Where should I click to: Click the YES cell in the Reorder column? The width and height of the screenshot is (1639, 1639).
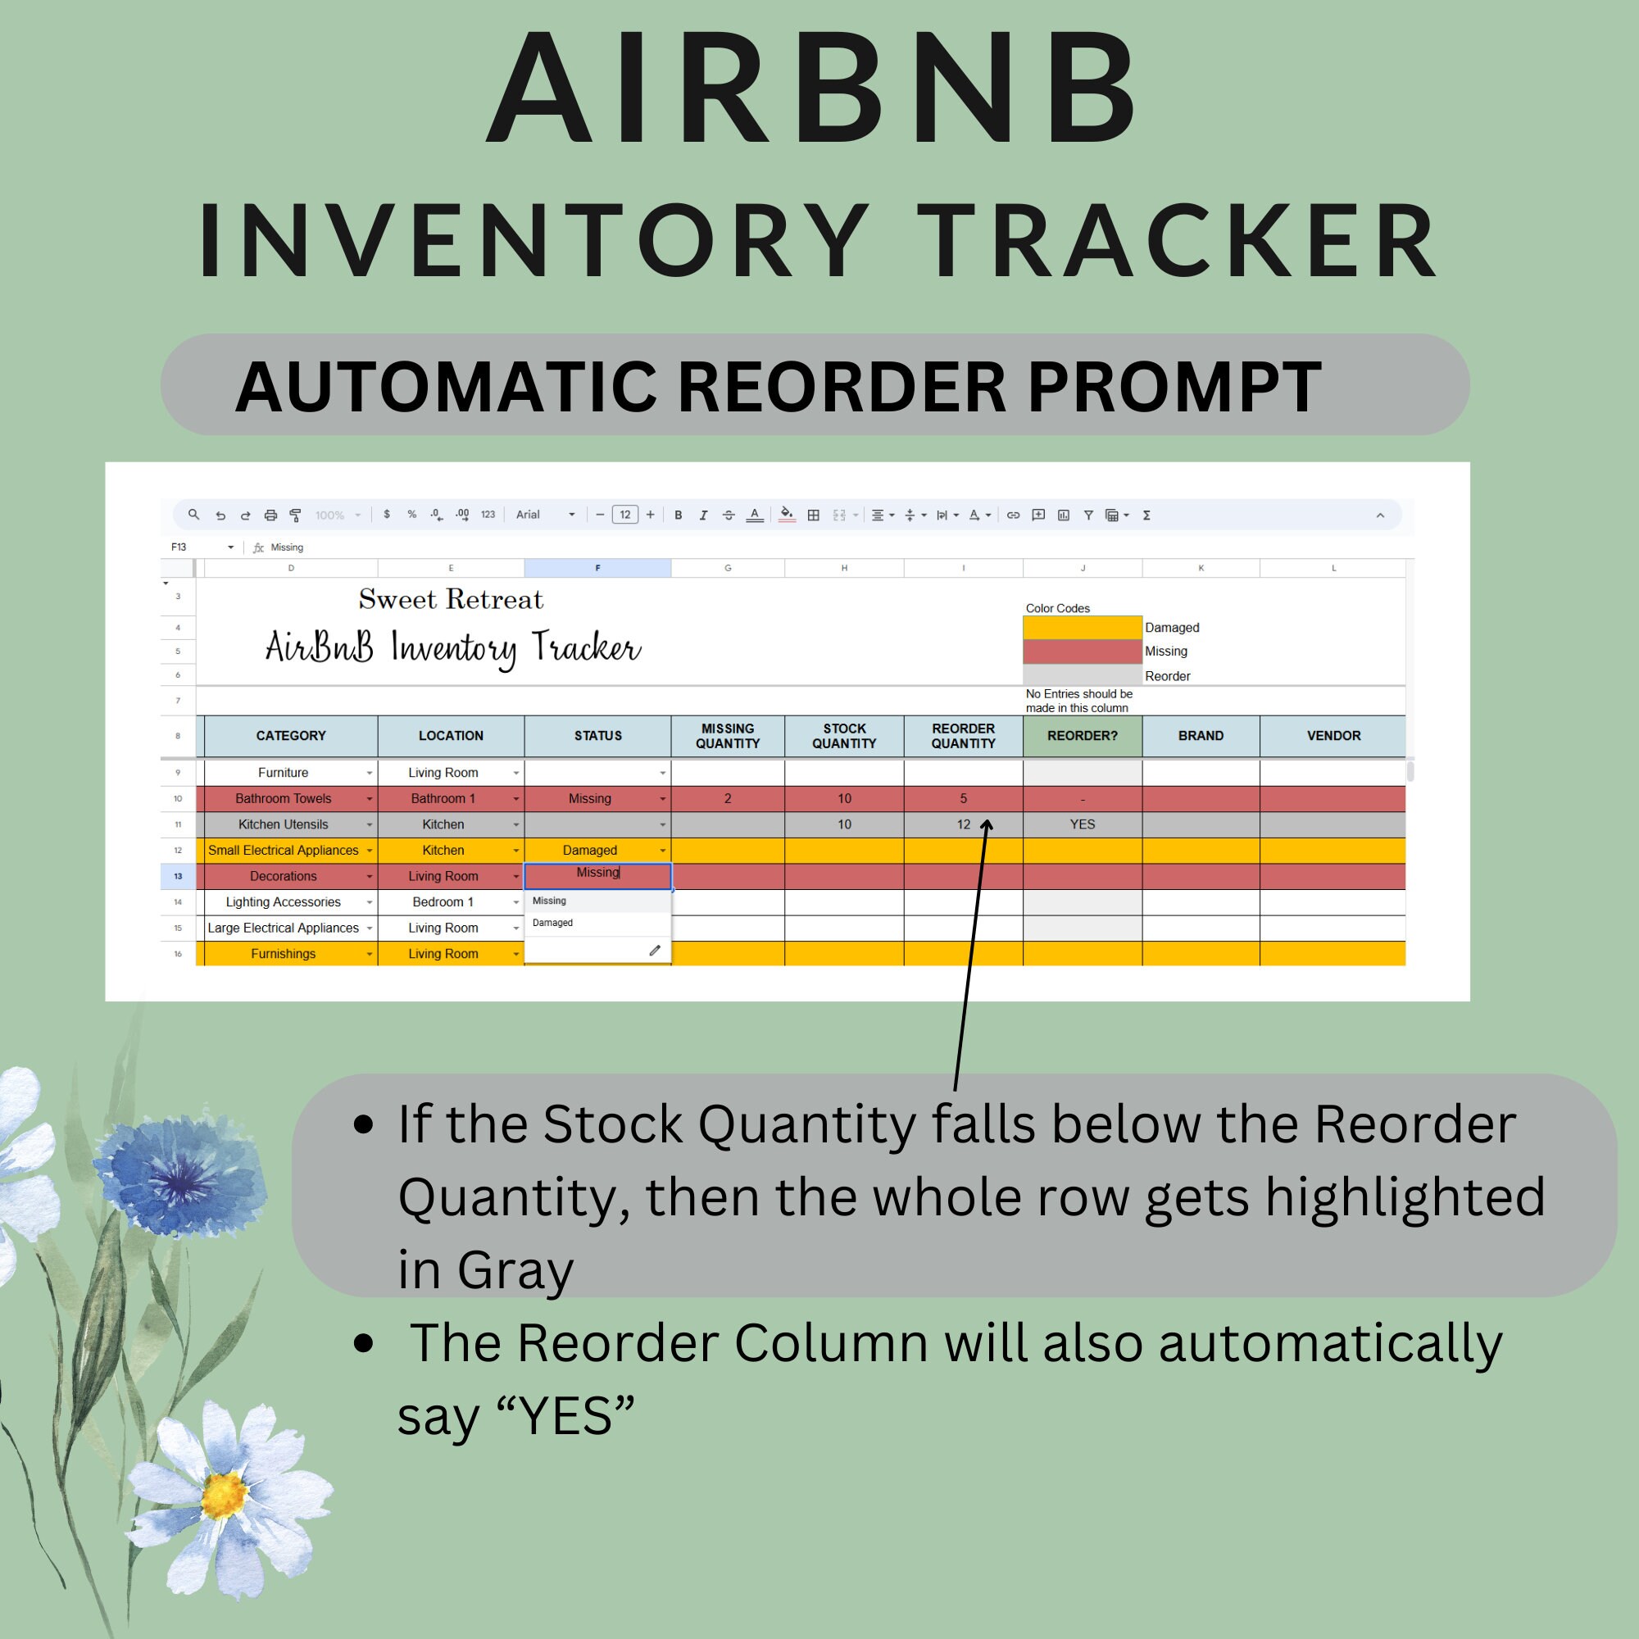pos(1082,824)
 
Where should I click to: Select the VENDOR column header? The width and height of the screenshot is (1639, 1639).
pos(1333,736)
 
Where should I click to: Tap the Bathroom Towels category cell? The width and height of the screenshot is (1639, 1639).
pos(284,798)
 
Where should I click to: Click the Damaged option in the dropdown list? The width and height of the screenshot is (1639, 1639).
pos(553,923)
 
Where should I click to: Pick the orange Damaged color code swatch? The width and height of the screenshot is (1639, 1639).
pos(1082,627)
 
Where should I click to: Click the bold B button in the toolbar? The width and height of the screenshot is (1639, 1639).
pos(678,515)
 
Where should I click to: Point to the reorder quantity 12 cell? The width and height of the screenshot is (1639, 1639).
pos(963,824)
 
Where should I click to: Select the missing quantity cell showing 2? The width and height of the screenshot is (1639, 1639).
pos(727,798)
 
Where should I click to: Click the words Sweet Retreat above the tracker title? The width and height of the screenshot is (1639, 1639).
pos(451,600)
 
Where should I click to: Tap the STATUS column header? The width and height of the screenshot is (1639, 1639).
pos(597,736)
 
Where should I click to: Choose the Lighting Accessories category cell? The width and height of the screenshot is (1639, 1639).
pos(284,901)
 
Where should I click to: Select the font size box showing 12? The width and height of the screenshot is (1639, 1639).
pos(624,515)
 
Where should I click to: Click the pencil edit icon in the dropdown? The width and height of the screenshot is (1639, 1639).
pos(654,951)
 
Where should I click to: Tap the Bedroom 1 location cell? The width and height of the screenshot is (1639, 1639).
pos(443,901)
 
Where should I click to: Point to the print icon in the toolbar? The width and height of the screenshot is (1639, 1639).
pos(270,515)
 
